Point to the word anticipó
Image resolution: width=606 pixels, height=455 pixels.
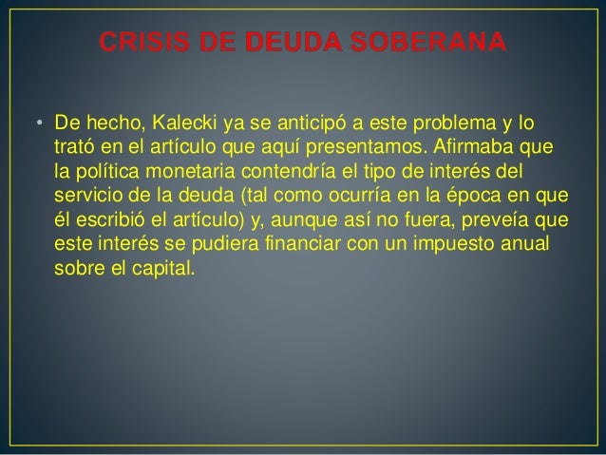312,125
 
